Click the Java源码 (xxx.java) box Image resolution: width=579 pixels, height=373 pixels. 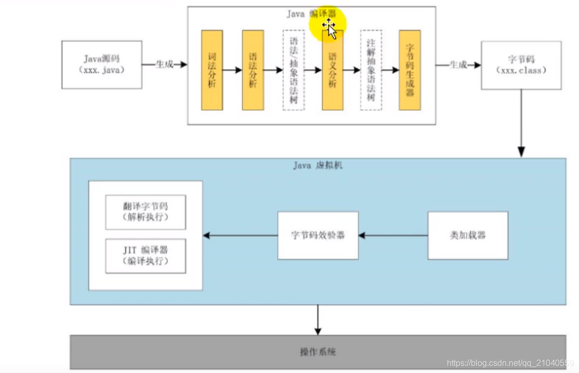click(x=101, y=64)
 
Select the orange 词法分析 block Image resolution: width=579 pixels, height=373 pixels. click(x=212, y=70)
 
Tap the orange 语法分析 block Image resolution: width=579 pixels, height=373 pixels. click(x=253, y=70)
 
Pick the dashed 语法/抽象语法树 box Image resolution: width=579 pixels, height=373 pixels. click(x=293, y=70)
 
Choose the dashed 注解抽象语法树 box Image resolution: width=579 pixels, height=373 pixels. click(x=371, y=70)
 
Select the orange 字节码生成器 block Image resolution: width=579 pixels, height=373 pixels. click(x=410, y=70)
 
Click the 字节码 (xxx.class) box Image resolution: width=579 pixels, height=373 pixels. click(x=521, y=65)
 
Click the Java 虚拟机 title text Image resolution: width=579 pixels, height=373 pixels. click(x=318, y=166)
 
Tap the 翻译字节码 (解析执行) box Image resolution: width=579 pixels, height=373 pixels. click(x=146, y=212)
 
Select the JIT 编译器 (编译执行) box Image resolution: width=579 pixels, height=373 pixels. click(x=146, y=256)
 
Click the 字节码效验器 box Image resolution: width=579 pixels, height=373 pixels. click(x=318, y=236)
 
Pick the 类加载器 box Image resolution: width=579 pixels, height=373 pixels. click(x=468, y=236)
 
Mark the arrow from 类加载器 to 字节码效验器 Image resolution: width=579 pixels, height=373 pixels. click(x=393, y=236)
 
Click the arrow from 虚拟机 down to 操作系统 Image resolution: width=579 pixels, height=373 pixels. click(x=318, y=320)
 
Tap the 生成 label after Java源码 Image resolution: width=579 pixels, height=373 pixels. click(x=165, y=64)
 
